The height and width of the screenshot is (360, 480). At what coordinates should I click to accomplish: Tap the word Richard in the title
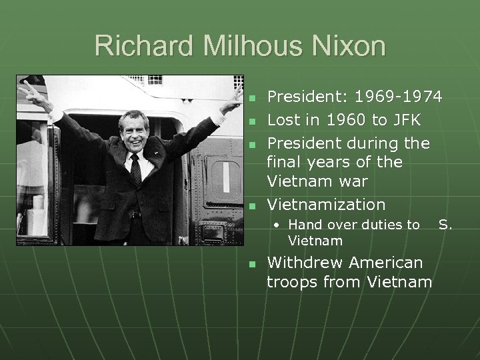pos(139,47)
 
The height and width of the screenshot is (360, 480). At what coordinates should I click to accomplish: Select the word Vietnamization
pos(326,204)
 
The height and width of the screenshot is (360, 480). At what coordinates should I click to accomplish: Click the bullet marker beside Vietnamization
pos(251,205)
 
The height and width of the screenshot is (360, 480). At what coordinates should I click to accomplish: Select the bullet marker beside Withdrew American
pos(251,264)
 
